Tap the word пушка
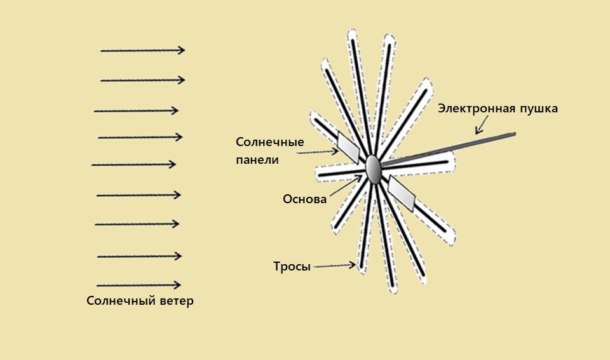pyautogui.click(x=539, y=109)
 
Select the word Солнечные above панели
pyautogui.click(x=270, y=142)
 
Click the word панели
pyautogui.click(x=257, y=159)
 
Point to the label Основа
pyautogui.click(x=304, y=199)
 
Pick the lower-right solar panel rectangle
pyautogui.click(x=402, y=193)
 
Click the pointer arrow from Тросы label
pyautogui.click(x=334, y=266)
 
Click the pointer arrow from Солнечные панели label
pyautogui.click(x=318, y=152)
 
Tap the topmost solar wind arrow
pyautogui.click(x=142, y=50)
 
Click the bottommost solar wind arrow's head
pyautogui.click(x=177, y=285)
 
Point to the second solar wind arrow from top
pyautogui.click(x=142, y=80)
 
